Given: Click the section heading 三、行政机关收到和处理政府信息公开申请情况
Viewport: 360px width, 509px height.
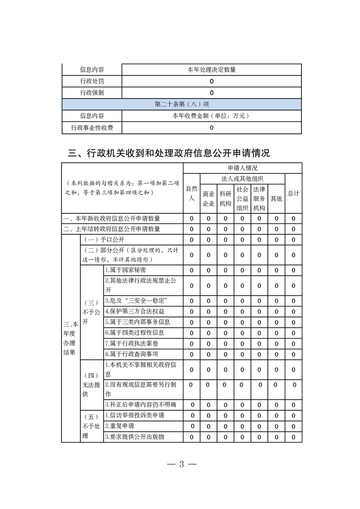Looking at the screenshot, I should point(169,153).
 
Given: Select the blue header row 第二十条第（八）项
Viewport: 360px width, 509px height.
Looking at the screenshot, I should point(182,104).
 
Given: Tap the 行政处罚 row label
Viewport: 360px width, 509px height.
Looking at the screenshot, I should point(92,81).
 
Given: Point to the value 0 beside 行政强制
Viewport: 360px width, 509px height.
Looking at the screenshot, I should point(212,93).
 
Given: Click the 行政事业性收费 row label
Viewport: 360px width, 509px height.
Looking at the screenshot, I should point(92,128).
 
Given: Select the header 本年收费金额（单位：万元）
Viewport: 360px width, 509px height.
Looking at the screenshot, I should point(212,116).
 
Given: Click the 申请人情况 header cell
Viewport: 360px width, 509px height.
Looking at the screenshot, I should point(242,168).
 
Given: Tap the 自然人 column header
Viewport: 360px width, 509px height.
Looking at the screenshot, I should point(192,193).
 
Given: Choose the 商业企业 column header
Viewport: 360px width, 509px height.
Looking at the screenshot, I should point(208,198).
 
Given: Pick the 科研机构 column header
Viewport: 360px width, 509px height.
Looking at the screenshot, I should point(225,198).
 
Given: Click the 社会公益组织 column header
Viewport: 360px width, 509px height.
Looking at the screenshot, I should point(242,198).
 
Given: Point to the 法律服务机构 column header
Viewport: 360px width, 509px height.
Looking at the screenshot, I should point(259,198).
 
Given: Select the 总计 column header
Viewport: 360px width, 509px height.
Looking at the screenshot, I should point(293,193).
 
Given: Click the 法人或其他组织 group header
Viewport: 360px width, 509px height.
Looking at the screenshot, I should point(242,178).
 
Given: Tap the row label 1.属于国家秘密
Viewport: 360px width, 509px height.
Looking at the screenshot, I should point(125,270).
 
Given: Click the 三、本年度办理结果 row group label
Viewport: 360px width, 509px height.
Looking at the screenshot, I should point(71,338).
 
